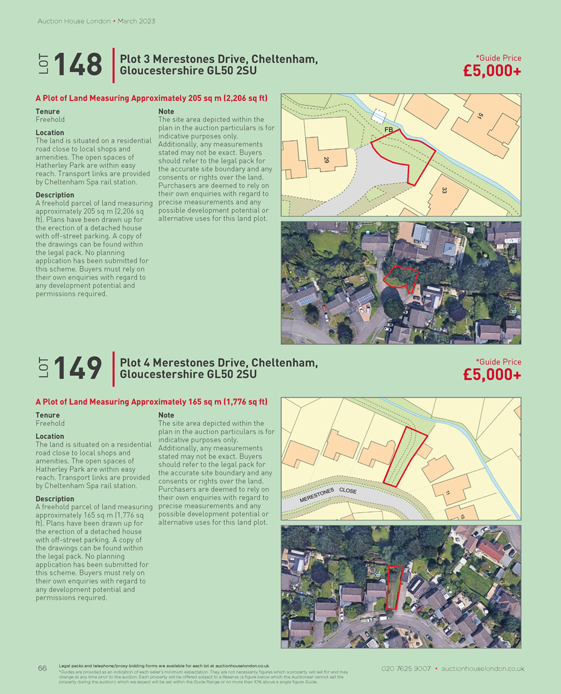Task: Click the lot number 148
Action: coord(78,64)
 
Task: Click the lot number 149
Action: coord(78,368)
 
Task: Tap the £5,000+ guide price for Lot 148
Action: coord(492,71)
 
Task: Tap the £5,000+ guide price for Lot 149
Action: coord(492,375)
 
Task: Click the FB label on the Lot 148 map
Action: coord(388,130)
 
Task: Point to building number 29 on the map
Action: coord(326,160)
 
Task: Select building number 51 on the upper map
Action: coord(480,117)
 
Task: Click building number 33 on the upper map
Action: coord(444,191)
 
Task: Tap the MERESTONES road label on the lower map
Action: coord(316,495)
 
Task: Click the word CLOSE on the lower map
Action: coord(348,490)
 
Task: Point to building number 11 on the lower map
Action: coord(447,493)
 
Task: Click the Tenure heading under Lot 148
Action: coord(48,112)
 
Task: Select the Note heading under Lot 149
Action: coord(166,415)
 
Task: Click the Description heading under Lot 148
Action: coord(55,195)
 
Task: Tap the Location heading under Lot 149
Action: coord(50,436)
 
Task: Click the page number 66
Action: coord(43,668)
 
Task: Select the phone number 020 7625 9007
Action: coord(406,669)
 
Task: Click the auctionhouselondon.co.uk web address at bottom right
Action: coord(482,669)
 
